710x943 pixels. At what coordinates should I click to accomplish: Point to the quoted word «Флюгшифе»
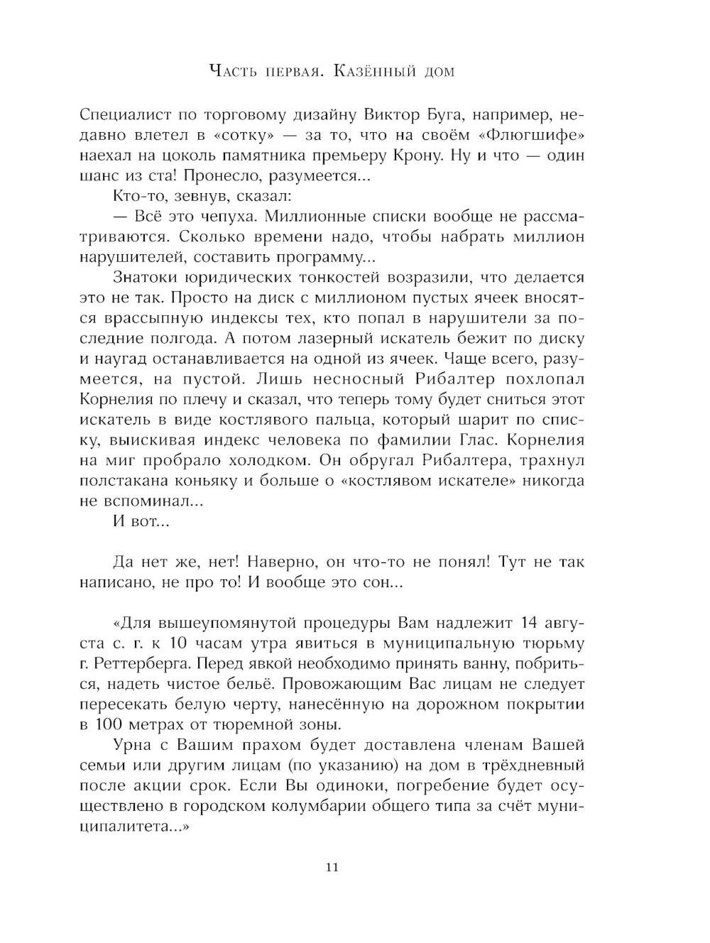point(530,135)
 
